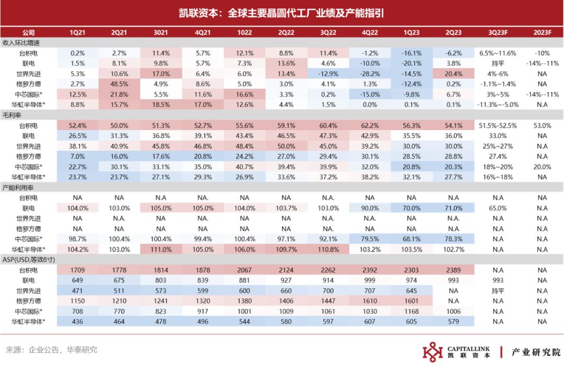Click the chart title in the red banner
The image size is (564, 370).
click(281, 13)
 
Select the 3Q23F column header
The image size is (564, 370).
click(498, 32)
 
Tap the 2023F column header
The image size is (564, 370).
click(542, 32)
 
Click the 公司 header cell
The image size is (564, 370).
click(28, 32)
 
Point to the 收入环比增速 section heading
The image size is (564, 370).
click(21, 43)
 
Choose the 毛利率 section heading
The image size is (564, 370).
click(12, 115)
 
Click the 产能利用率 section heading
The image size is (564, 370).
click(18, 188)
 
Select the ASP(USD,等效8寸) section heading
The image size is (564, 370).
click(28, 259)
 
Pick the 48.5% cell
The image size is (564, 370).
click(119, 84)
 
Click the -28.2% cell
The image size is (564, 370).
click(370, 74)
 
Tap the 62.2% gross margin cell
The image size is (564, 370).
click(370, 125)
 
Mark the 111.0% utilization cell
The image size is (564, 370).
click(161, 249)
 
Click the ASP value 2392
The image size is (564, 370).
click(370, 270)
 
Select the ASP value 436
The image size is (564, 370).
click(77, 321)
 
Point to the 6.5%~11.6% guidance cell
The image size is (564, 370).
click(498, 53)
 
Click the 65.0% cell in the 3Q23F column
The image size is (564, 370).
click(498, 208)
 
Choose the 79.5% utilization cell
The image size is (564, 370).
click(370, 239)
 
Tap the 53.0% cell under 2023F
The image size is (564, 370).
click(542, 125)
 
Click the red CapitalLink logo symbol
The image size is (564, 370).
click(433, 352)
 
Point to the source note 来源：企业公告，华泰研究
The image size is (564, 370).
click(51, 350)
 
